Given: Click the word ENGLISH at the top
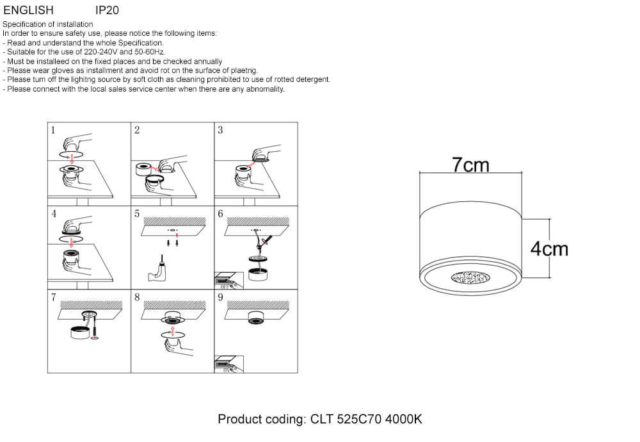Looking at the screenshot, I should pos(28,10).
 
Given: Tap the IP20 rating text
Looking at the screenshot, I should pos(107,10).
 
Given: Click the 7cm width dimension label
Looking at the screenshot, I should pos(470,165).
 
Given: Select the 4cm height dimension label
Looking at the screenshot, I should pos(549,249).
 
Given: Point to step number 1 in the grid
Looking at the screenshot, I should pos(53,130).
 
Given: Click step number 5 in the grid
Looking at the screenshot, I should pos(137,214).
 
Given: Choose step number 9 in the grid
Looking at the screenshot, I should pos(220,297).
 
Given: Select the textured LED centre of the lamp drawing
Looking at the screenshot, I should pos(470,277).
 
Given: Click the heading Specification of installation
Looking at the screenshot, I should pos(48,24).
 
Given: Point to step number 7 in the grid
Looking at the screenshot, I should pos(53,297).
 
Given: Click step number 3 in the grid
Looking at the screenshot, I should pos(220,130).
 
